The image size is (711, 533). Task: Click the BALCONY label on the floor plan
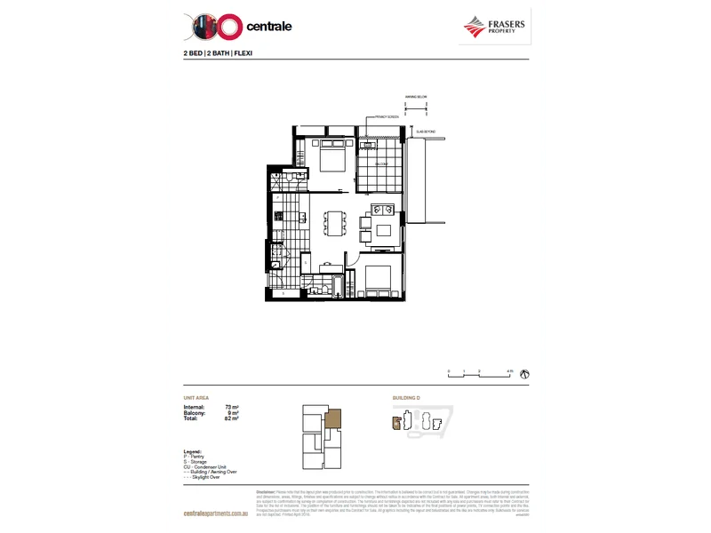(x=380, y=166)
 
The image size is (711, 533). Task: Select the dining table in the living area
(x=335, y=224)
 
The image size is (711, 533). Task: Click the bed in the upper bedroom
(x=331, y=160)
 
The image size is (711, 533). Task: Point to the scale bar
(x=480, y=375)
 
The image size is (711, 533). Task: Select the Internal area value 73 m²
(x=232, y=406)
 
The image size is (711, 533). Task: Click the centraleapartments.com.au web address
(x=213, y=514)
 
